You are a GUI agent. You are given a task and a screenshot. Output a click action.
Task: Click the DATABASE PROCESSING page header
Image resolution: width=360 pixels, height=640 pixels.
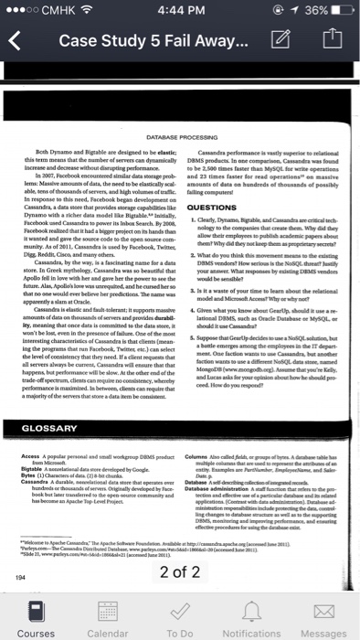pyautogui.click(x=178, y=138)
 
